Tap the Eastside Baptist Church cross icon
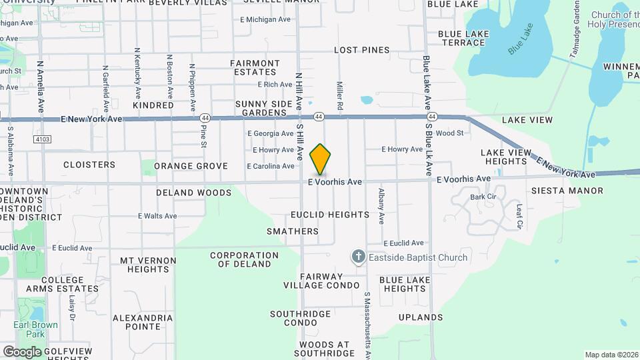click(x=358, y=257)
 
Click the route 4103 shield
click(x=41, y=139)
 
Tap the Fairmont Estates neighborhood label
click(x=255, y=67)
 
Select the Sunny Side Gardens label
click(x=264, y=109)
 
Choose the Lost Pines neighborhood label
click(x=361, y=50)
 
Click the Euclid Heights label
click(x=329, y=215)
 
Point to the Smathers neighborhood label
click(x=293, y=231)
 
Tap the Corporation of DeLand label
click(x=244, y=259)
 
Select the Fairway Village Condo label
click(x=321, y=281)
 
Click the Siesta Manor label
click(x=567, y=191)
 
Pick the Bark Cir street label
click(x=483, y=197)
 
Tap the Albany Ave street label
click(x=381, y=205)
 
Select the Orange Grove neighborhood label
click(x=191, y=166)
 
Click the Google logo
click(x=22, y=351)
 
